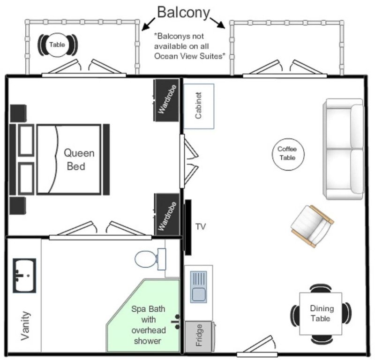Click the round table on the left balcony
pos(57,45)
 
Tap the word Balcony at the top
pos(183,12)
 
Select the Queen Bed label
pos(79,159)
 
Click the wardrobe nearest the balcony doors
pos(166,100)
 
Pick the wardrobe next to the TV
pos(167,215)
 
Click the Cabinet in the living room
pos(198,106)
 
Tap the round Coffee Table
pos(287,153)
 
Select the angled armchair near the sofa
pos(312,225)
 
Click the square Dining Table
pos(321,313)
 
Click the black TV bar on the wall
pos(188,227)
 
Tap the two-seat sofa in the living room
pos(344,149)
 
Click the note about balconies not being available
pos(190,46)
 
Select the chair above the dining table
pos(321,287)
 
